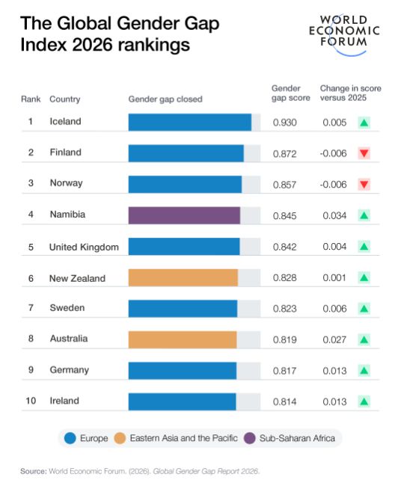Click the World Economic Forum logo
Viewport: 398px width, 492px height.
[x=344, y=34]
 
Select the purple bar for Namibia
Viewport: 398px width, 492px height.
[x=184, y=215]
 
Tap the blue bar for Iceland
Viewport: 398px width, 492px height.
[x=190, y=122]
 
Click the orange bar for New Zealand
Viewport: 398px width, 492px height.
[x=183, y=277]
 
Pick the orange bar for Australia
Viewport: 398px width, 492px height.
[x=183, y=339]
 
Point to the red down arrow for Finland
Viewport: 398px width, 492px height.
[x=364, y=153]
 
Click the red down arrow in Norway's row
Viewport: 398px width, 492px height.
[x=364, y=184]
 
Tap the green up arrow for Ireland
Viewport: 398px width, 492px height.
[x=364, y=402]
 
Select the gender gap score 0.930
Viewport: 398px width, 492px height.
[x=285, y=123]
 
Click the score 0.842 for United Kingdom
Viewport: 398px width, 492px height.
[x=285, y=247]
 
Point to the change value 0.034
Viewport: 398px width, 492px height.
[x=334, y=215]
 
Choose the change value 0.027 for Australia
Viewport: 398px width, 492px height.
[x=334, y=339]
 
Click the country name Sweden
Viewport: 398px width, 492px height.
[x=67, y=307]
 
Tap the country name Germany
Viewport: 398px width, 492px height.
[x=70, y=370]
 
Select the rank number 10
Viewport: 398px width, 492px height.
[x=31, y=401]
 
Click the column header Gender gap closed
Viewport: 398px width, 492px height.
[x=165, y=99]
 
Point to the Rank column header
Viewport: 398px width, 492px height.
[x=31, y=99]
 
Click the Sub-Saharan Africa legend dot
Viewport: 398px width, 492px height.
[x=250, y=438]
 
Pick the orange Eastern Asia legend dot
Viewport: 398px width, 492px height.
[x=120, y=438]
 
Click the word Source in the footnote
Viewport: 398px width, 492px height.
[x=34, y=471]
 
